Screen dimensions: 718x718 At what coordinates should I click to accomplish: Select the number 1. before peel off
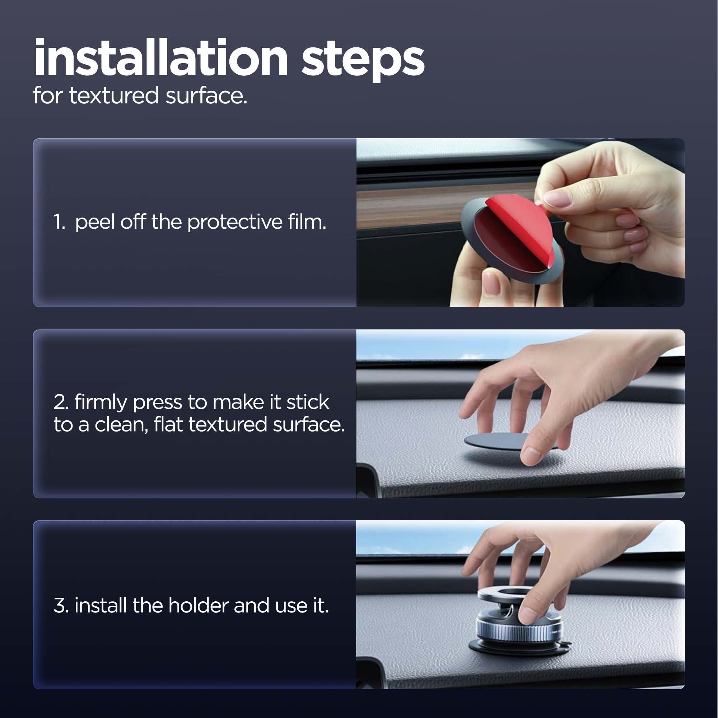tap(60, 222)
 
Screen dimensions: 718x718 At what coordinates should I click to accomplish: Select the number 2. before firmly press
tap(61, 402)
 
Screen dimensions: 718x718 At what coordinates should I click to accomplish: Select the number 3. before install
tap(61, 605)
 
